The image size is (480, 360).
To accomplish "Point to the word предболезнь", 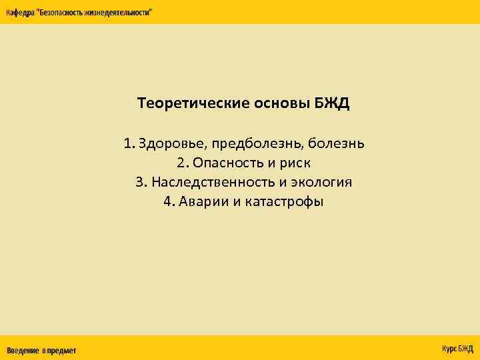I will (x=258, y=144).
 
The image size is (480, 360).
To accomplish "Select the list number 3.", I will (x=140, y=182).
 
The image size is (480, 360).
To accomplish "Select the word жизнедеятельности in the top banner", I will (x=117, y=13).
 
